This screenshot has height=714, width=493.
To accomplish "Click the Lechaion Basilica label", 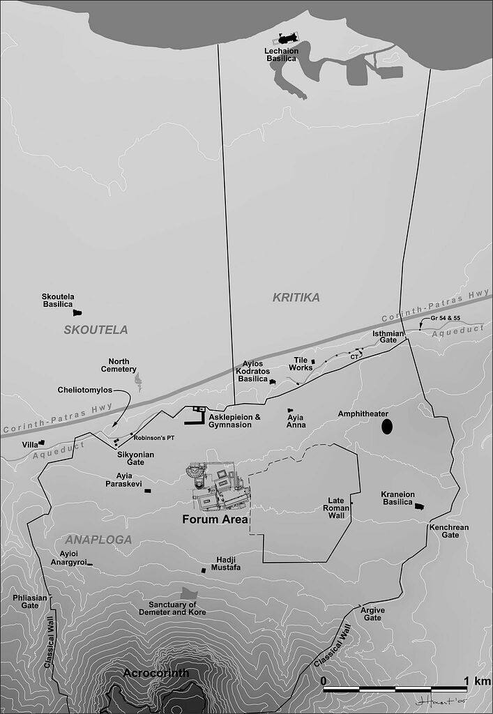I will [281, 54].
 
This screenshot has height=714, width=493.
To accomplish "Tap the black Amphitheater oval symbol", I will [386, 426].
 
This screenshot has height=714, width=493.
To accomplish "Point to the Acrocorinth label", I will [156, 673].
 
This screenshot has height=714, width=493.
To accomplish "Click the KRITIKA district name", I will [296, 298].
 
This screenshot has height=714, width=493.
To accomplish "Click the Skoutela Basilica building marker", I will [77, 313].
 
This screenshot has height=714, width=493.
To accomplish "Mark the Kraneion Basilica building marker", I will [420, 507].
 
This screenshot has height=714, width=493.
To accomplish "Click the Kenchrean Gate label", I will [450, 531].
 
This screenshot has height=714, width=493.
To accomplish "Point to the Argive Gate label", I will [373, 614].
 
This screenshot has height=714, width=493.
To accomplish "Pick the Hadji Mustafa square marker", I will [204, 570].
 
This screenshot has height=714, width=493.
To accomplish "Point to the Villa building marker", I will [42, 443].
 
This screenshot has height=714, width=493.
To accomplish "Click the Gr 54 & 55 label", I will [446, 318].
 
